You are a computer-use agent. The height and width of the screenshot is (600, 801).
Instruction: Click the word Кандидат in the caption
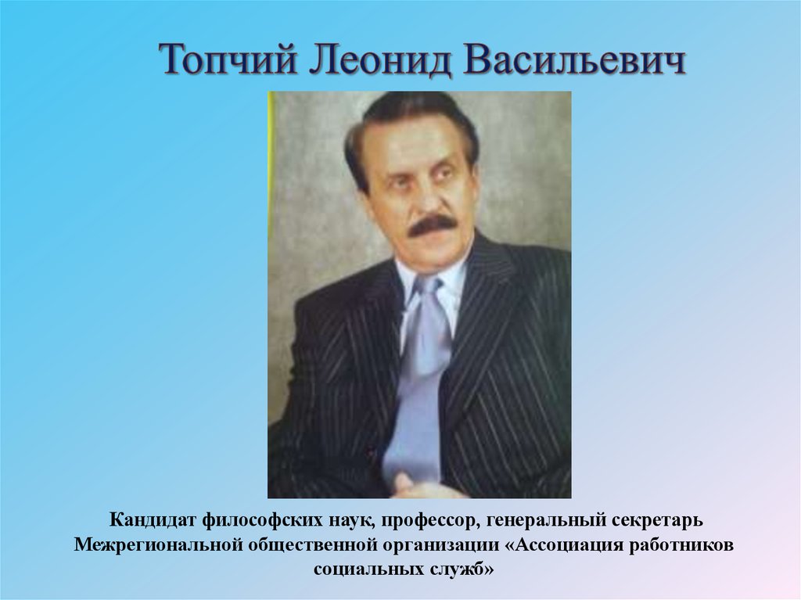tap(152, 519)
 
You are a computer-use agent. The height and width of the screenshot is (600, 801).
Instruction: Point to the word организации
tap(429, 544)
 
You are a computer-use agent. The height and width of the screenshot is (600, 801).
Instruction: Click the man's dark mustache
tap(433, 226)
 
